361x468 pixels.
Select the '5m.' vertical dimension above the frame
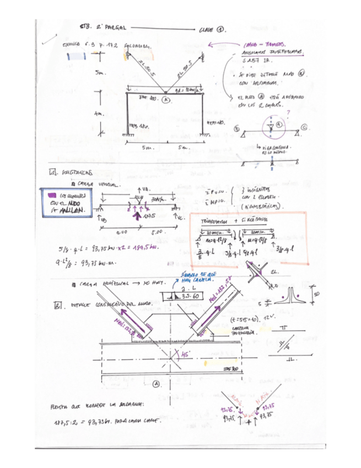99,72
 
